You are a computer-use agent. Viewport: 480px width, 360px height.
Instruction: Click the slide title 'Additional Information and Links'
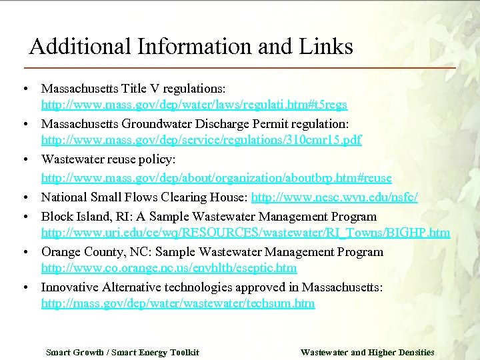point(191,47)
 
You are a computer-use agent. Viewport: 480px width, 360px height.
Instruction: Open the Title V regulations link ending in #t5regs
point(194,105)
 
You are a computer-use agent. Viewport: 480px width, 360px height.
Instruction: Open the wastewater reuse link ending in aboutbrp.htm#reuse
point(216,179)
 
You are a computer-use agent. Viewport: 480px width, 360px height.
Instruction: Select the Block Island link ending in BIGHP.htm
point(245,233)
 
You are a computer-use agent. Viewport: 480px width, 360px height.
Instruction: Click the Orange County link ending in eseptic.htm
point(169,269)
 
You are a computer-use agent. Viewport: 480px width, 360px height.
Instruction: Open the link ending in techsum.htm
point(178,304)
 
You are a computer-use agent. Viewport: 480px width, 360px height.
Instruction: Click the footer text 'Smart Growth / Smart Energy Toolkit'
point(122,352)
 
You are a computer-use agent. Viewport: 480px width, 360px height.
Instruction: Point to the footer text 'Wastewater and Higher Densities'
point(367,352)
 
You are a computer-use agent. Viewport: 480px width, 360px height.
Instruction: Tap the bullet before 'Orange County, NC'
point(23,253)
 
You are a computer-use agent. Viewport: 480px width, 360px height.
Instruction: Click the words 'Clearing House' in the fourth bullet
point(203,197)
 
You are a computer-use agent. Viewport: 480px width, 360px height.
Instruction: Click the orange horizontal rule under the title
point(240,68)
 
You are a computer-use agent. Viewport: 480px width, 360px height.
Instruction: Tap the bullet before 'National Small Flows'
point(23,198)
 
